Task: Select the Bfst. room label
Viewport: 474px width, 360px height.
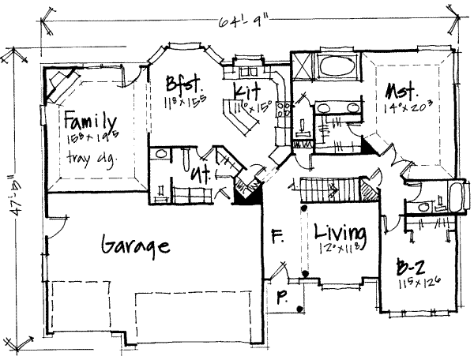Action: pyautogui.click(x=182, y=84)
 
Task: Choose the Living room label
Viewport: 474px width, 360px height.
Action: pyautogui.click(x=340, y=233)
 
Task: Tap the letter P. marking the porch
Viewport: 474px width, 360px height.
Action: pyautogui.click(x=281, y=298)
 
